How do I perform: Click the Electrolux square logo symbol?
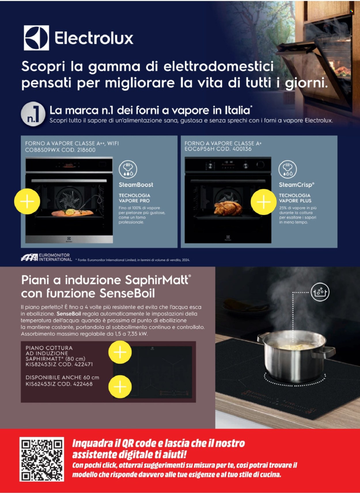[x=36, y=38]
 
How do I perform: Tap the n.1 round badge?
[x=33, y=114]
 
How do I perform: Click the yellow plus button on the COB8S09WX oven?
[x=27, y=201]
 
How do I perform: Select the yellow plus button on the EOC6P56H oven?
[x=264, y=202]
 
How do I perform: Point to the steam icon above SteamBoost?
[x=128, y=169]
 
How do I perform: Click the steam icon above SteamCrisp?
[x=287, y=169]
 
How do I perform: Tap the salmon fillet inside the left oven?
[x=72, y=213]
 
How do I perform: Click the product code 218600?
[x=86, y=150]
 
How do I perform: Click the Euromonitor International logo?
[x=46, y=257]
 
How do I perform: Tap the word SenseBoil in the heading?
[x=127, y=293]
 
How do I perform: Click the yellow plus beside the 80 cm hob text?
[x=120, y=352]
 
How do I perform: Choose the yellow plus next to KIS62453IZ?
[x=120, y=387]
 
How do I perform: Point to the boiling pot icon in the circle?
[x=320, y=292]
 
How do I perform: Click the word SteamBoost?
[x=136, y=185]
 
